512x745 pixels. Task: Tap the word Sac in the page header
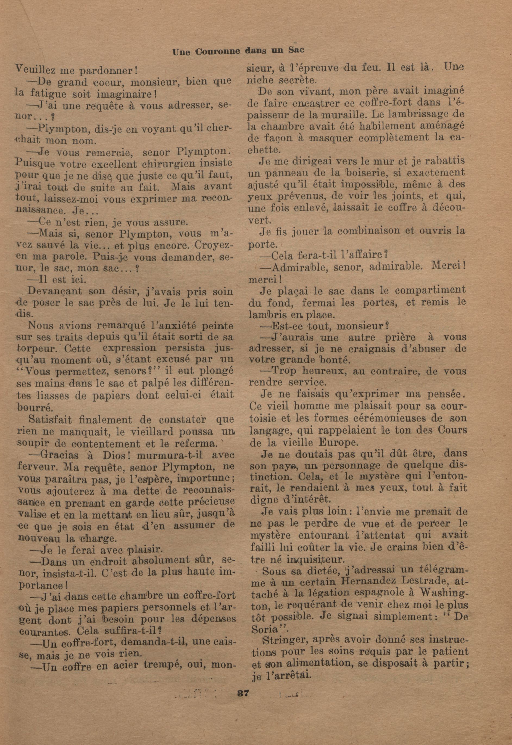click(295, 50)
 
